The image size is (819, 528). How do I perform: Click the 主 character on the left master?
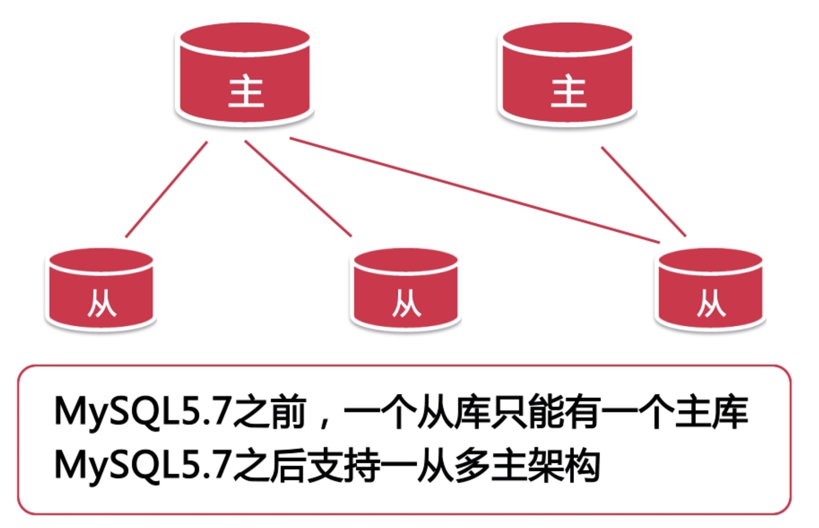(x=246, y=91)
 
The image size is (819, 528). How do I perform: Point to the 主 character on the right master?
(x=569, y=91)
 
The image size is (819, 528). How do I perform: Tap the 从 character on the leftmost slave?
(x=102, y=303)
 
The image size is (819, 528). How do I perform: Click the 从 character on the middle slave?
(x=406, y=303)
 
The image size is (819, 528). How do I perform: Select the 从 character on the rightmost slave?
(x=711, y=303)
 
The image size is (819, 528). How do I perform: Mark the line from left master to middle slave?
(x=298, y=189)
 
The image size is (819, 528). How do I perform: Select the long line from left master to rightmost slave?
(x=474, y=190)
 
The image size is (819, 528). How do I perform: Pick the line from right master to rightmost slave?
(x=644, y=191)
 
